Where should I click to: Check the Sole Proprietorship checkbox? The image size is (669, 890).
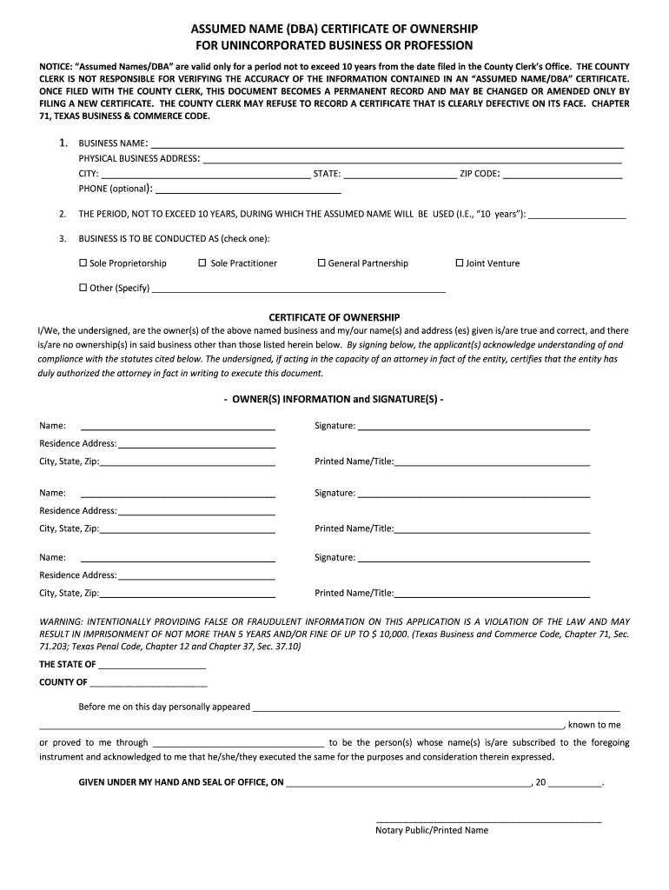coord(83,263)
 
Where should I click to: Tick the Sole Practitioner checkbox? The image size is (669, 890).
coord(202,263)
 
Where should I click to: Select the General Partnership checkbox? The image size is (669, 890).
coord(321,263)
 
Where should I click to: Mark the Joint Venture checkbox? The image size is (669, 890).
coord(460,263)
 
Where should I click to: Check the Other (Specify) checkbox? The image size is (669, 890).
coord(83,288)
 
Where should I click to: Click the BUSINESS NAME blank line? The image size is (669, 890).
coord(387,144)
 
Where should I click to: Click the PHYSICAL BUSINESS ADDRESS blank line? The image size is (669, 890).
coord(412,160)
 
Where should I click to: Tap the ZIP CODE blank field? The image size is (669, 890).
coord(563,175)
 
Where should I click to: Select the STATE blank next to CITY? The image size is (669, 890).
coord(400,175)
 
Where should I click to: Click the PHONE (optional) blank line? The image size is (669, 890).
coord(248,189)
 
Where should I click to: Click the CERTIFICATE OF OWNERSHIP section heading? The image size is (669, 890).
coord(334,317)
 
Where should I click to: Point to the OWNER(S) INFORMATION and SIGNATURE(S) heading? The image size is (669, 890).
coord(334,399)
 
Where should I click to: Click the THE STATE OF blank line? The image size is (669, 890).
coord(152,666)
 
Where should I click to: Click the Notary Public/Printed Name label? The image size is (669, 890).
coord(432,830)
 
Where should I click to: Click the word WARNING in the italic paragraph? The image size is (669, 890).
coord(60,622)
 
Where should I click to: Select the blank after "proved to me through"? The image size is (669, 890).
coord(238,744)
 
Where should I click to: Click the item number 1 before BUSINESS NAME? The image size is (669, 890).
coord(63,143)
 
